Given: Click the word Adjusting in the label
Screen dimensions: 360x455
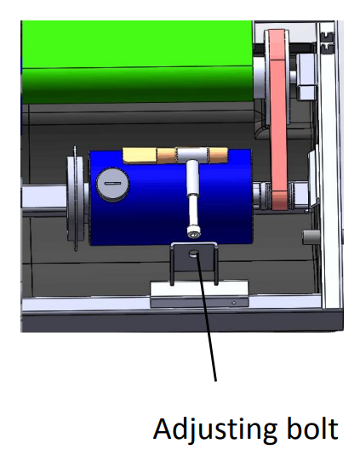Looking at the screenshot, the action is tap(214, 429).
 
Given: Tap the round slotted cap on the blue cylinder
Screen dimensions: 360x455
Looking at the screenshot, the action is tap(112, 185).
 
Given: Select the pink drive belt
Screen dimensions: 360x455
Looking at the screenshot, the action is tap(279, 119).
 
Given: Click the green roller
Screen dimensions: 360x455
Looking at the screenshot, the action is tap(137, 61).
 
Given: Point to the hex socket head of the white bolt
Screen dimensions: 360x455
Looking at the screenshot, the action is tap(193, 233).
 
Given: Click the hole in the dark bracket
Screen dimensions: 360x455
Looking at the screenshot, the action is tap(193, 253).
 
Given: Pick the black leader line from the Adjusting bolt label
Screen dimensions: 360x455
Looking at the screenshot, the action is tap(207, 317).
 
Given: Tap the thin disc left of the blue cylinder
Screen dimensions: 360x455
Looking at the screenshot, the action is tap(76, 199).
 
